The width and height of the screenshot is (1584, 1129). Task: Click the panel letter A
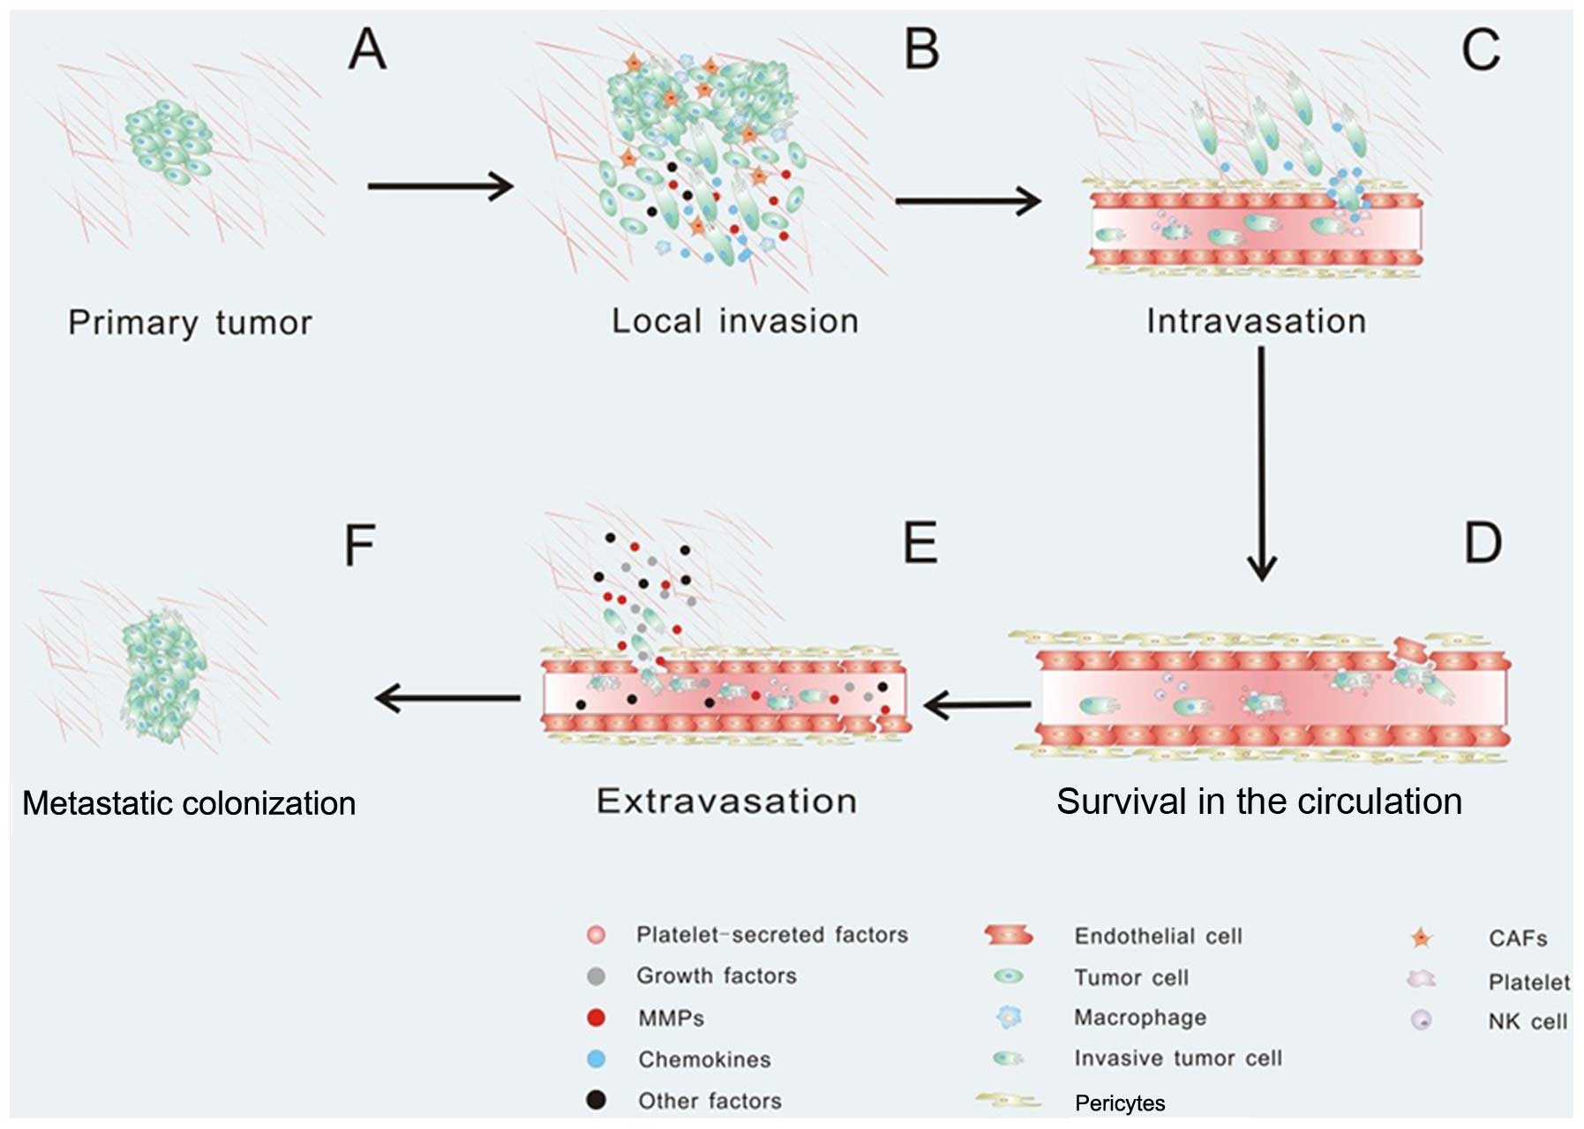(x=367, y=49)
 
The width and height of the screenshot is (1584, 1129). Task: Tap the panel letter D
(x=1483, y=543)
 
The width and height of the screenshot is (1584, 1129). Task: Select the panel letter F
(x=359, y=545)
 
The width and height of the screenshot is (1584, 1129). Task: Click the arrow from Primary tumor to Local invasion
(x=439, y=186)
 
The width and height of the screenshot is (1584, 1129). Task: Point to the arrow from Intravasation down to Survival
(x=1261, y=463)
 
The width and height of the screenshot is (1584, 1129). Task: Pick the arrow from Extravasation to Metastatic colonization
(x=447, y=698)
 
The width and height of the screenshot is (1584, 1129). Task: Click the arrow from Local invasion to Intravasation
(x=967, y=201)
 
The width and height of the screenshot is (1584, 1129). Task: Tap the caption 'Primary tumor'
(x=190, y=323)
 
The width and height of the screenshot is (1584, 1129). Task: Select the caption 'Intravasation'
(x=1256, y=321)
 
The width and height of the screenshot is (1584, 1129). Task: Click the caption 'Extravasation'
(x=726, y=802)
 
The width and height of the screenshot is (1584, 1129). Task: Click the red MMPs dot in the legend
(x=597, y=1018)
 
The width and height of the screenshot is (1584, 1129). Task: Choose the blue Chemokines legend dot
(x=597, y=1058)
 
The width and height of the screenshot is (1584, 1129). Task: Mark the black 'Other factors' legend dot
(x=597, y=1100)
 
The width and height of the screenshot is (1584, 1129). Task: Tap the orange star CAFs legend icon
(x=1421, y=937)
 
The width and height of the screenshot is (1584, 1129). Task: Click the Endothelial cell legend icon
(x=1008, y=936)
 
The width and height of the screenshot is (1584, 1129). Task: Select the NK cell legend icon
(x=1421, y=1020)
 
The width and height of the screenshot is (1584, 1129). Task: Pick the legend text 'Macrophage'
(x=1139, y=1018)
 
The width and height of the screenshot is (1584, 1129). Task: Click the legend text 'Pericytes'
(x=1120, y=1103)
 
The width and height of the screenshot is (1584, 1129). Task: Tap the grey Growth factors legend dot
(x=597, y=976)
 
